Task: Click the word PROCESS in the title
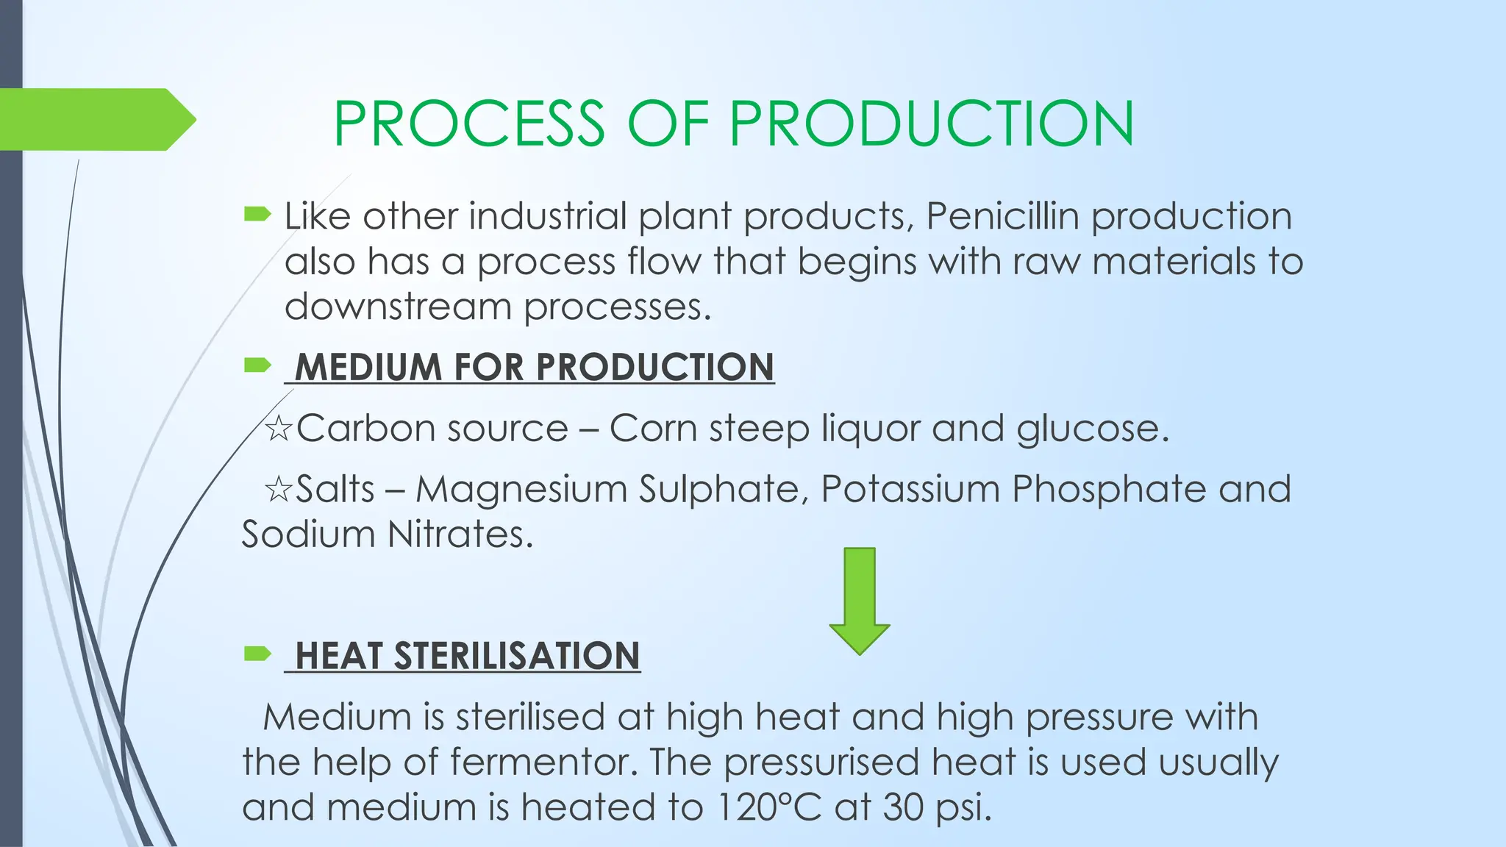click(x=469, y=123)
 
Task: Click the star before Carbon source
click(x=279, y=429)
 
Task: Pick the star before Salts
click(x=279, y=490)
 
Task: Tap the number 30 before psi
click(x=904, y=807)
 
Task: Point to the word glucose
click(x=1092, y=429)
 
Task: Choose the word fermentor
click(x=543, y=762)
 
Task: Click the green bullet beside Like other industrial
click(x=257, y=215)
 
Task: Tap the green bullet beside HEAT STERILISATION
click(x=257, y=653)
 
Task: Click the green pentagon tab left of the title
click(x=96, y=119)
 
